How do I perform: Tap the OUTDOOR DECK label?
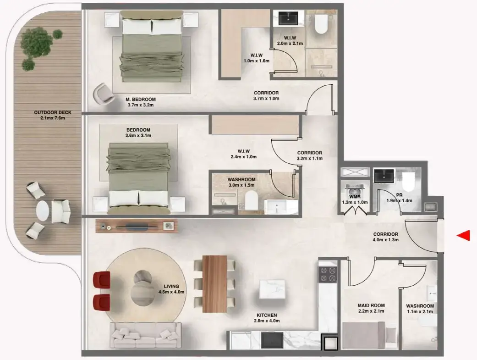pyautogui.click(x=49, y=112)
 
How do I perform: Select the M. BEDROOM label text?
pyautogui.click(x=140, y=99)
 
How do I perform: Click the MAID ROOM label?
pyautogui.click(x=371, y=305)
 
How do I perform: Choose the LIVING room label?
pyautogui.click(x=171, y=286)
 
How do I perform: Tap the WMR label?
pyautogui.click(x=354, y=196)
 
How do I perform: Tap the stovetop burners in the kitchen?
pyautogui.click(x=328, y=274)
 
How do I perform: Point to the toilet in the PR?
pyautogui.click(x=408, y=179)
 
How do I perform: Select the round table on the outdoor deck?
pyautogui.click(x=43, y=210)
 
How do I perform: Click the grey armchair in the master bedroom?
pyautogui.click(x=104, y=94)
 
